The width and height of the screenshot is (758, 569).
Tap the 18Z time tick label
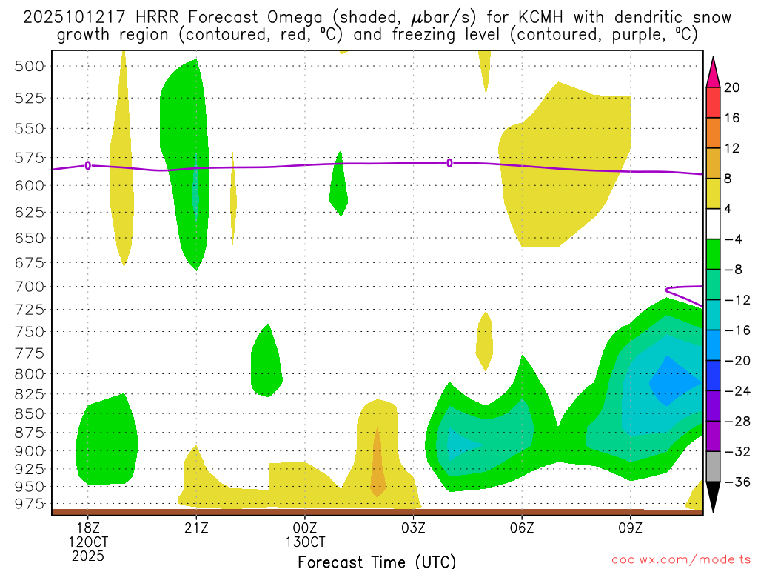pos(87,528)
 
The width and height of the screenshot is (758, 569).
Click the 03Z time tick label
pos(413,528)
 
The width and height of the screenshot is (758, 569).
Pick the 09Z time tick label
pos(630,528)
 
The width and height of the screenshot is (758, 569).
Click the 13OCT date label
pos(305,542)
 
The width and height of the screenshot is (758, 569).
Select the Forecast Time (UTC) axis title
pos(377,561)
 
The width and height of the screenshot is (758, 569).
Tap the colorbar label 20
pos(732,87)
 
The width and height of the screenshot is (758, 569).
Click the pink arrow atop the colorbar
pos(713,71)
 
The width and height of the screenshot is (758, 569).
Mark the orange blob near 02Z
pos(377,467)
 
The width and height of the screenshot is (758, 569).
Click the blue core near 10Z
pos(674,382)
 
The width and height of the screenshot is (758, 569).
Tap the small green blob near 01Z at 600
pos(338,185)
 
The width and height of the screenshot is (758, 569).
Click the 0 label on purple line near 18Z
pos(88,165)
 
